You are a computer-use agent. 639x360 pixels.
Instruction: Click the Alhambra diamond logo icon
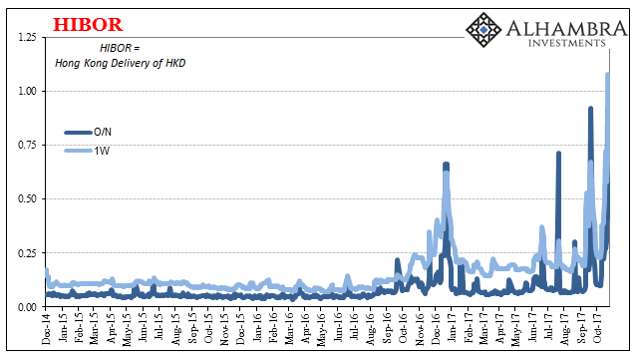(x=485, y=30)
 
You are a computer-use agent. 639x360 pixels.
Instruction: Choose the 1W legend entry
(x=103, y=151)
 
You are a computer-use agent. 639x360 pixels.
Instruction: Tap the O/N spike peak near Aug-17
(x=558, y=154)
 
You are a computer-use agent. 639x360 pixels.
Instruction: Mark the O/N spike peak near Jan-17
(x=446, y=164)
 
